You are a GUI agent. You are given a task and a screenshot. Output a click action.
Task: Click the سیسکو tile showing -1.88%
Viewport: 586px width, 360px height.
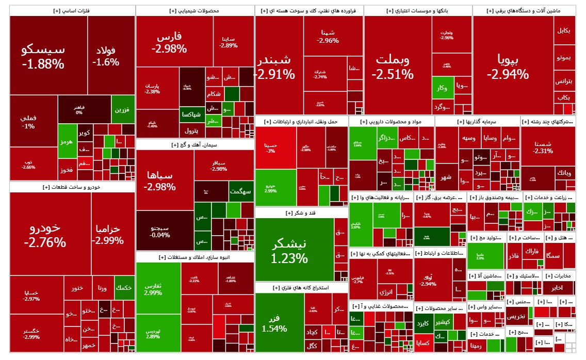(x=43, y=56)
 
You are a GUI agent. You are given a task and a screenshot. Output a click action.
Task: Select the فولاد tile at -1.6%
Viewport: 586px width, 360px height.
(x=106, y=56)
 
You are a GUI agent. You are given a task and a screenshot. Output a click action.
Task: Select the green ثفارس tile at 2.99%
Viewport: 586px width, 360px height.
(x=153, y=289)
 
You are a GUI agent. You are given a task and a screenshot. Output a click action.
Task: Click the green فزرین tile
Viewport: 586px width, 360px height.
(x=122, y=109)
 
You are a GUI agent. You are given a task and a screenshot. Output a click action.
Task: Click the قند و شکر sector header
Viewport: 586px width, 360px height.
(x=302, y=212)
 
